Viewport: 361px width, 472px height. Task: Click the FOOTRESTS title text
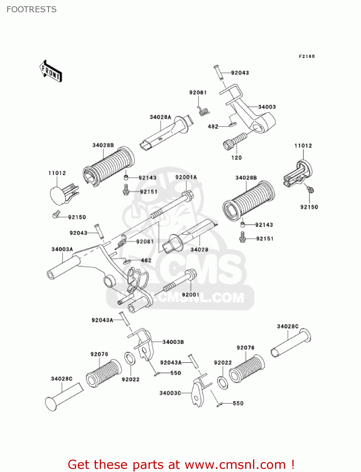coord(31,9)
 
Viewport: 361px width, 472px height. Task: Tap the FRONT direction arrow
coord(51,71)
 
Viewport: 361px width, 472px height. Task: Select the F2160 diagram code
coord(307,56)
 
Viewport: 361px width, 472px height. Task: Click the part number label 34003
coord(267,107)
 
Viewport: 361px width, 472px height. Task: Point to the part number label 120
coord(236,158)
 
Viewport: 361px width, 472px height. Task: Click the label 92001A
coord(186,177)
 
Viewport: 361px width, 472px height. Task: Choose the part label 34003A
coord(62,250)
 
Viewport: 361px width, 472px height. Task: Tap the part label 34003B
coord(173,342)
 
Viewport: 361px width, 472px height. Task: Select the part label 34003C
coord(170,393)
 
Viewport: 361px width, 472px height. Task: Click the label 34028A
coord(160,117)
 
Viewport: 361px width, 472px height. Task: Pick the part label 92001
coord(190,295)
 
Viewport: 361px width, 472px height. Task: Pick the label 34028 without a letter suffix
coord(199,250)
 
